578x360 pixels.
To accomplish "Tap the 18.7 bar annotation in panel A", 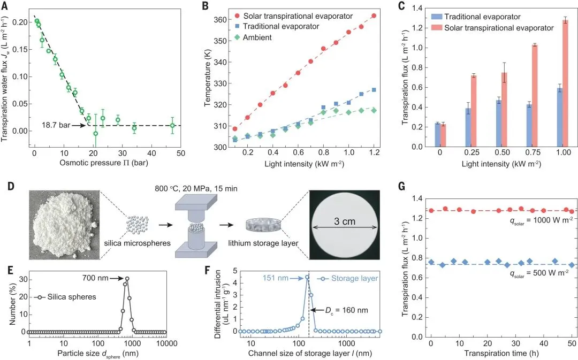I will (58, 125).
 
